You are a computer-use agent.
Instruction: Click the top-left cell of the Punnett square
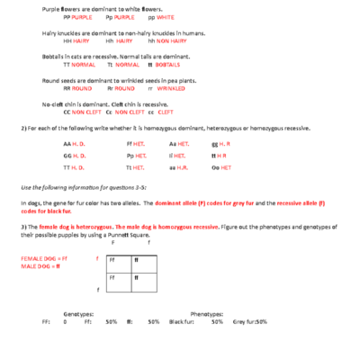(117, 260)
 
